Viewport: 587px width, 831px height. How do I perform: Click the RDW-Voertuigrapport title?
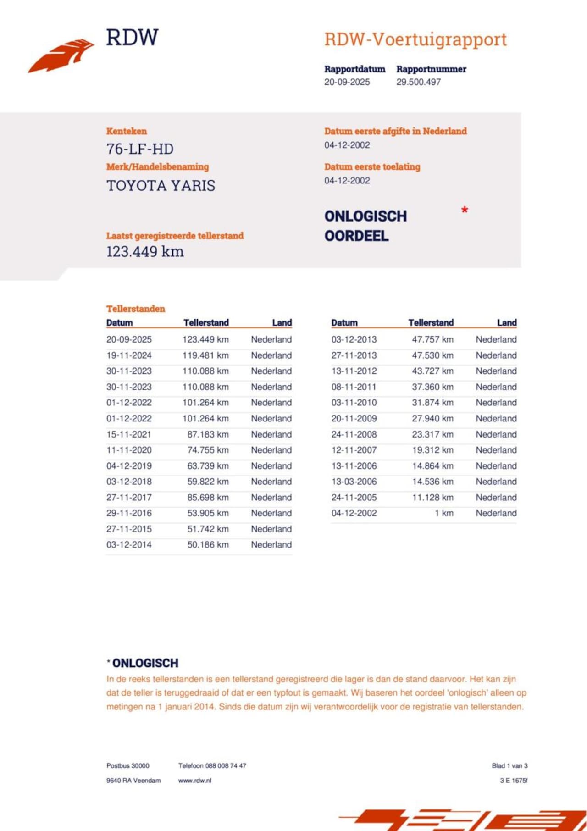tap(415, 40)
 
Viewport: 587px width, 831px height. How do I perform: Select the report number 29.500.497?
tap(418, 82)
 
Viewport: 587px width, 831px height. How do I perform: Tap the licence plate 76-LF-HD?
tap(140, 149)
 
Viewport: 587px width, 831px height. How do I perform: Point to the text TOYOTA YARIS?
tap(161, 186)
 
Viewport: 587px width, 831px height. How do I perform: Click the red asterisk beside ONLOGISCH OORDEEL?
tap(465, 211)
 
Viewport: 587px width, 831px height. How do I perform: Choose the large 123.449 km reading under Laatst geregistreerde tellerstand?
tap(145, 252)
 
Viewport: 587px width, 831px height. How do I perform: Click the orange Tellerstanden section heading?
tap(136, 309)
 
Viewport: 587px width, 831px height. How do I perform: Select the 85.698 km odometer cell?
tap(208, 497)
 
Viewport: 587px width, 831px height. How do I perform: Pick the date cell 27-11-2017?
tap(129, 497)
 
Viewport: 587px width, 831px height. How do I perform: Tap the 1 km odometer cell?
tap(444, 513)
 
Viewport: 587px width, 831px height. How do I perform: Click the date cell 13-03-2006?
tap(354, 482)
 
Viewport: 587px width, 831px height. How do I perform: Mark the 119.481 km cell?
tap(205, 355)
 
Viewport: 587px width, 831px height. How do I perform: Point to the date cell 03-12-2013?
tap(354, 339)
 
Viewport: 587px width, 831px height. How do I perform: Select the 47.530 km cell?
tap(432, 355)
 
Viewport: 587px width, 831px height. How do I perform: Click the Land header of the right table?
tap(507, 322)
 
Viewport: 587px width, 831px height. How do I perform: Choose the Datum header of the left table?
tap(119, 322)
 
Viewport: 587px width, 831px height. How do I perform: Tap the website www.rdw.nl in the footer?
tap(195, 780)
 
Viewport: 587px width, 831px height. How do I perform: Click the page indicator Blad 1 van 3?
tap(509, 765)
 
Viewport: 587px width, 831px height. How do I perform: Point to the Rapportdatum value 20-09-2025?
tap(347, 82)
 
